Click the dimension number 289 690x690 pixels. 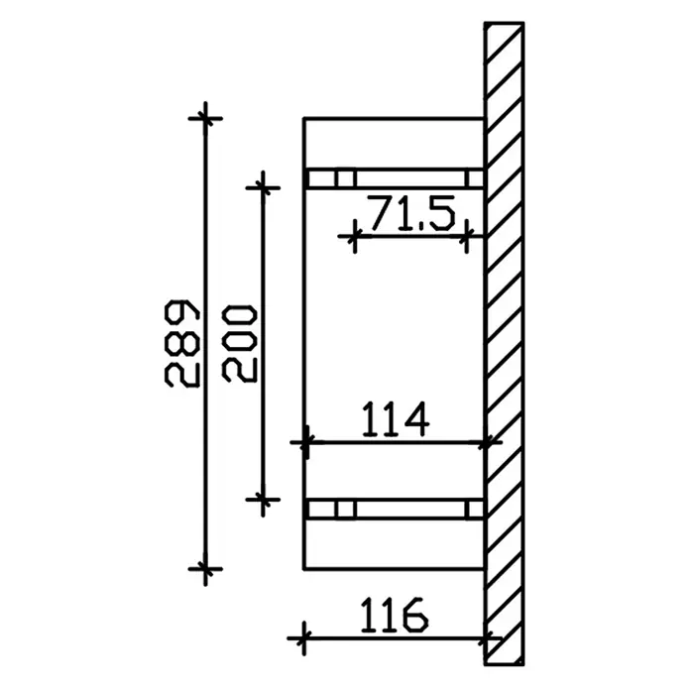(x=181, y=344)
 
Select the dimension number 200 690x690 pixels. (x=239, y=343)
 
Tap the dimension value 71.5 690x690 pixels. (x=411, y=213)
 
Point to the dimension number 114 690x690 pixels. (x=395, y=419)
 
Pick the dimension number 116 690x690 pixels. (x=395, y=615)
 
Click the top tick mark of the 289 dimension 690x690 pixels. (x=205, y=118)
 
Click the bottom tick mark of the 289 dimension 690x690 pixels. (x=205, y=569)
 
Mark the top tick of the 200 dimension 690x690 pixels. (x=263, y=188)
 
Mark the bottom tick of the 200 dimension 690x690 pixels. (x=263, y=500)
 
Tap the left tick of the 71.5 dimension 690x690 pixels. (x=355, y=236)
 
